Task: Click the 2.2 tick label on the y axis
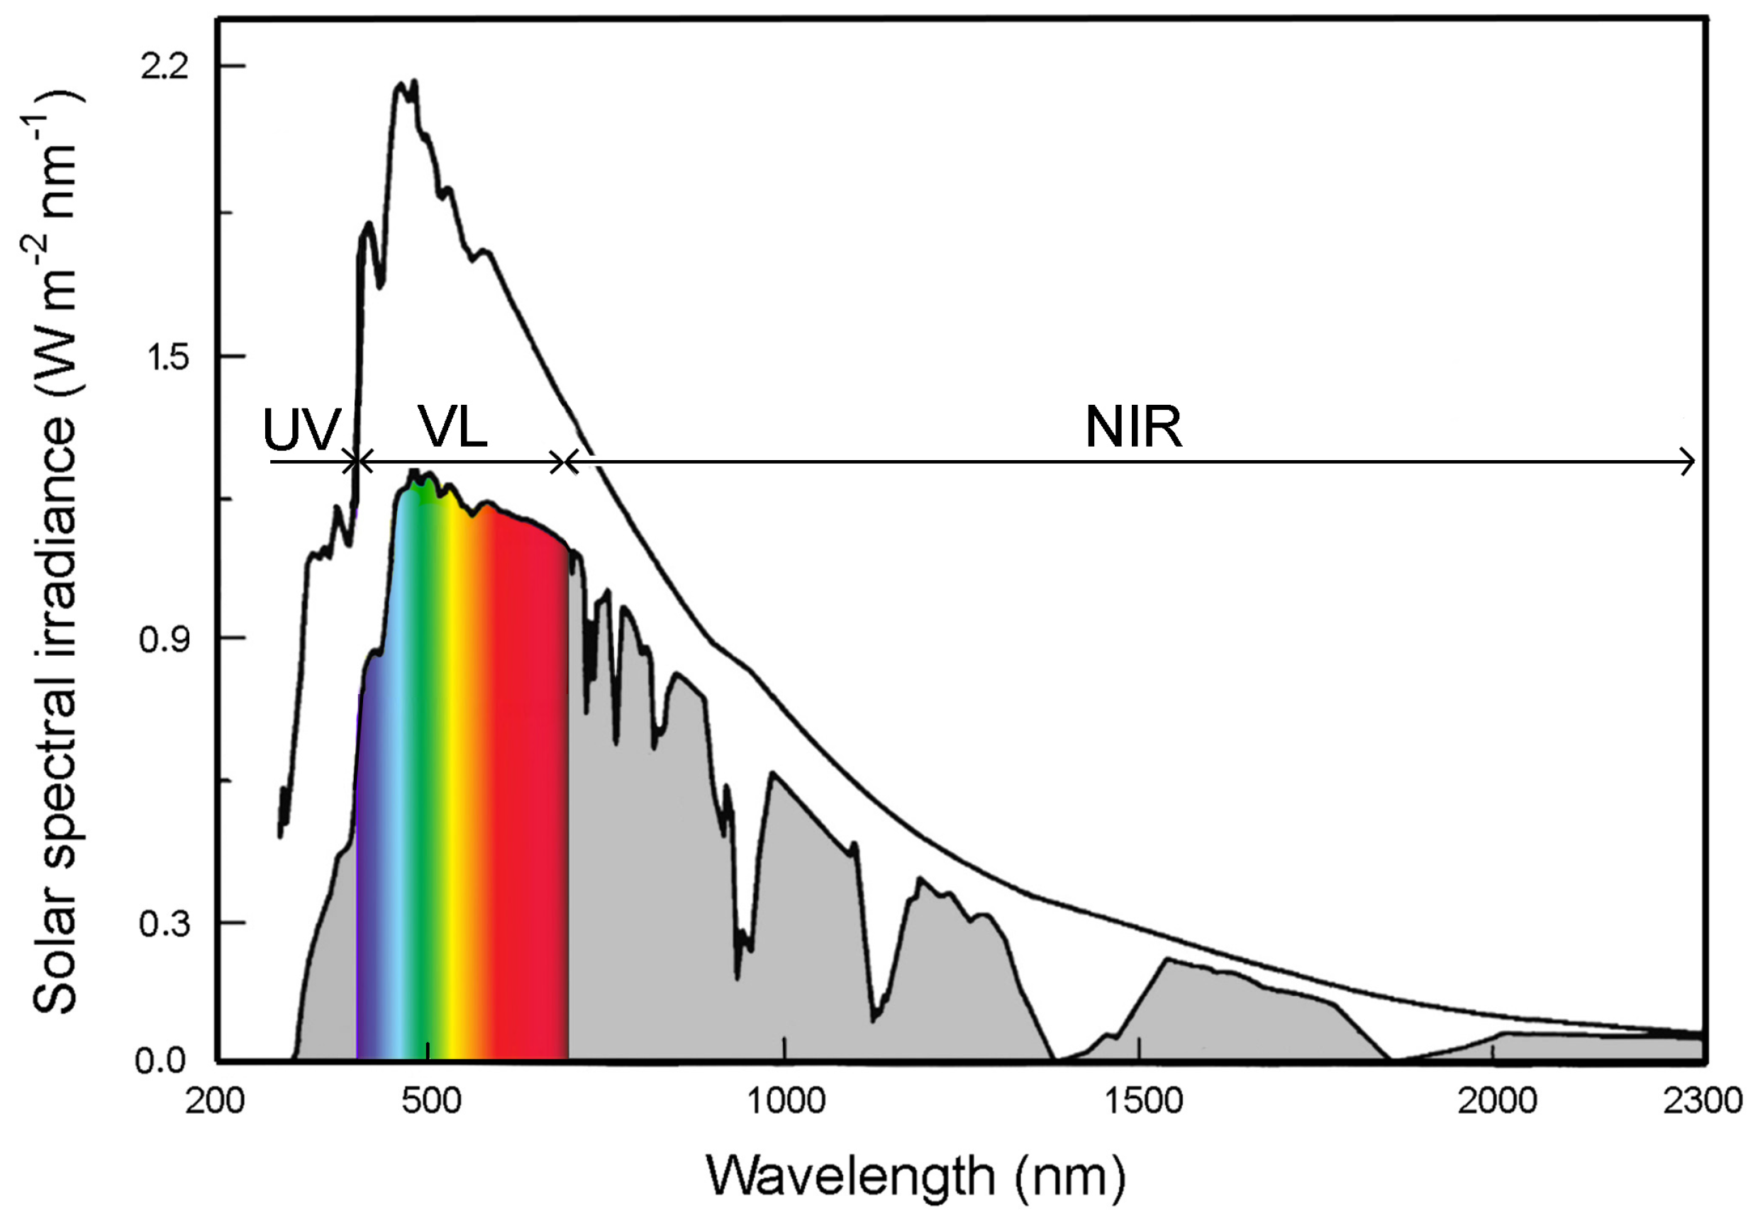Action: [x=163, y=67]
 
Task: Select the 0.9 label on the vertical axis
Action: [x=163, y=640]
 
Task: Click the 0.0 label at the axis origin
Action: [x=161, y=1061]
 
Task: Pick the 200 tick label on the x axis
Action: [x=216, y=1101]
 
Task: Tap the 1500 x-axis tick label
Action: [x=1142, y=1101]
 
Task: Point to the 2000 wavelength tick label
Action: [x=1497, y=1101]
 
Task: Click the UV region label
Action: [x=301, y=430]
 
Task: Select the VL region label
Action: [x=452, y=428]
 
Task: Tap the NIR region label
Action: [x=1134, y=428]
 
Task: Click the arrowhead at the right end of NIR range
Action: [x=1689, y=462]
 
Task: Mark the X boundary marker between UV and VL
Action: [x=357, y=462]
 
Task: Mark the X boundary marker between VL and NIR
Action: [x=564, y=462]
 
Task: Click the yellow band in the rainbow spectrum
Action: [x=455, y=763]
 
